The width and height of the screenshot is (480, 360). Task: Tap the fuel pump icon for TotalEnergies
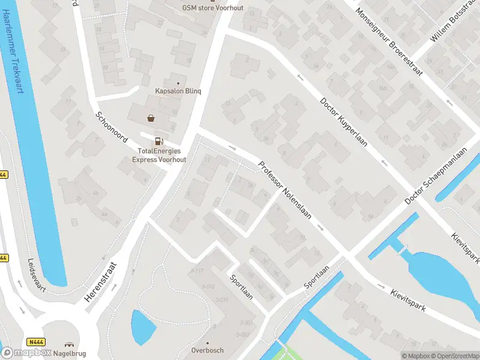point(158,142)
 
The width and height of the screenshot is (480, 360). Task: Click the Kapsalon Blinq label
point(178,91)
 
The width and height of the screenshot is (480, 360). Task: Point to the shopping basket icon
point(151,118)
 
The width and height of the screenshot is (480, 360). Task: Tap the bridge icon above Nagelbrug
point(68,345)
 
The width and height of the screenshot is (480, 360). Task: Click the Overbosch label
point(207,350)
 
